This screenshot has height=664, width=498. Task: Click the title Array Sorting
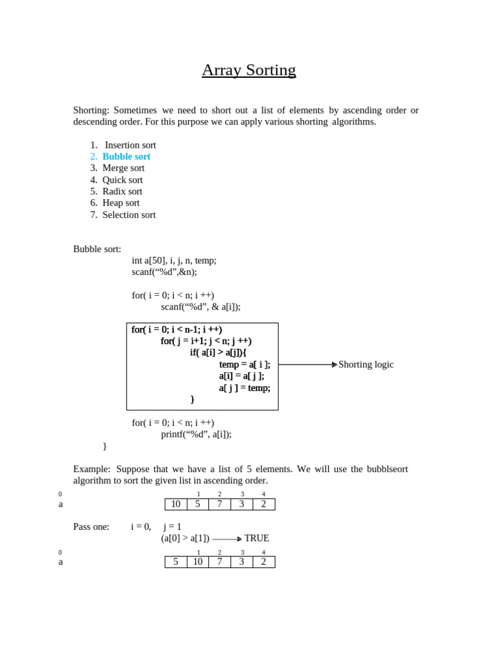point(248,70)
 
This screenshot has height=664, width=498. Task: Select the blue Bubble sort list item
point(126,156)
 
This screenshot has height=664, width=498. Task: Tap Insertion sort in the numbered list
point(130,145)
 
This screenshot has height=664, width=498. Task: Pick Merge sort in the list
point(123,168)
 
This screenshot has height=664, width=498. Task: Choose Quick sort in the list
point(123,180)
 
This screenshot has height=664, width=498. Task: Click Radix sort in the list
point(122,191)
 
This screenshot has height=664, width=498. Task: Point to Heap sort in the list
point(121,203)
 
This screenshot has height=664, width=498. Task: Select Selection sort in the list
point(129,215)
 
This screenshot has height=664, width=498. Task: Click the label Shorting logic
point(366,364)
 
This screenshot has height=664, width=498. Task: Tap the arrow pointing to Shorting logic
point(308,364)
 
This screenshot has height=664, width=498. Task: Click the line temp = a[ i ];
point(244,364)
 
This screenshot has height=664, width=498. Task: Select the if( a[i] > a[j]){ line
point(218,353)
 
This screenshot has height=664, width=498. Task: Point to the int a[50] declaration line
point(174,260)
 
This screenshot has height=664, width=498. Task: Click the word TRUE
point(257,538)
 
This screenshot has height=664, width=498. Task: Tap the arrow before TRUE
point(227,539)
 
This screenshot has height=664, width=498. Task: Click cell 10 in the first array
point(176,504)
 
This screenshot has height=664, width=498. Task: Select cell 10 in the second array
point(198,562)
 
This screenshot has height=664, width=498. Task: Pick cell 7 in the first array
point(220,504)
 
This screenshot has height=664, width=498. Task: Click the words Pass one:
point(91,527)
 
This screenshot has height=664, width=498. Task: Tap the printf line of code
point(196,434)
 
